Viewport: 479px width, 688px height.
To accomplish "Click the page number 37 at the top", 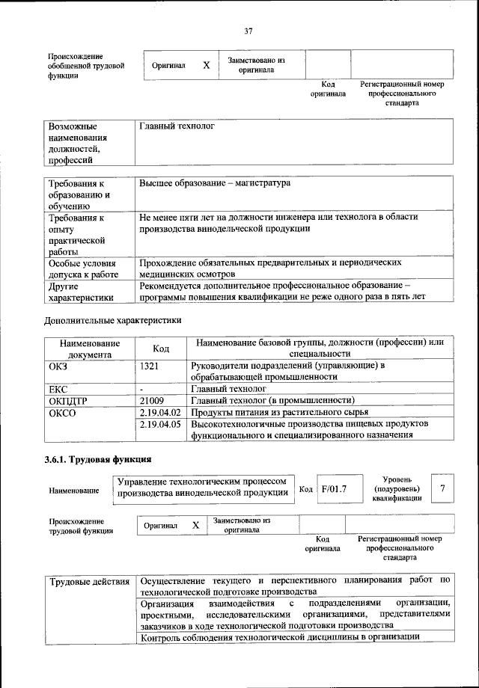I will [x=248, y=31].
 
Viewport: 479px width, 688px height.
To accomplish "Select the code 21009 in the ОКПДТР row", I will [x=152, y=401].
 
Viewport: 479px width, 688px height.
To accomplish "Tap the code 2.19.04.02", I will [x=161, y=412].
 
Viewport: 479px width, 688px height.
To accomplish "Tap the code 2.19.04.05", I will [x=161, y=425].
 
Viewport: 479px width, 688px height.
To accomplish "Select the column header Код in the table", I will [x=161, y=348].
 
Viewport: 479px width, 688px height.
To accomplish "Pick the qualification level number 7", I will [x=444, y=488].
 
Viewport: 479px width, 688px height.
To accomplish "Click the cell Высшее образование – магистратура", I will [x=215, y=183].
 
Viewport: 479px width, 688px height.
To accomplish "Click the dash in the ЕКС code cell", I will [x=141, y=390].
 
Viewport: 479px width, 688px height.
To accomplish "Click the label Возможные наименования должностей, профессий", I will [x=78, y=143].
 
